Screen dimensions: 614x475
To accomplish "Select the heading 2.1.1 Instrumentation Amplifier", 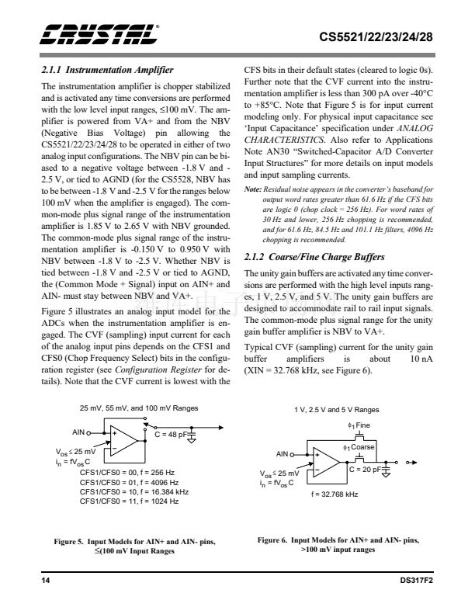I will (106, 70).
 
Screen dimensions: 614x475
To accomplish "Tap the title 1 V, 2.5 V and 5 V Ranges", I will (336, 408).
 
